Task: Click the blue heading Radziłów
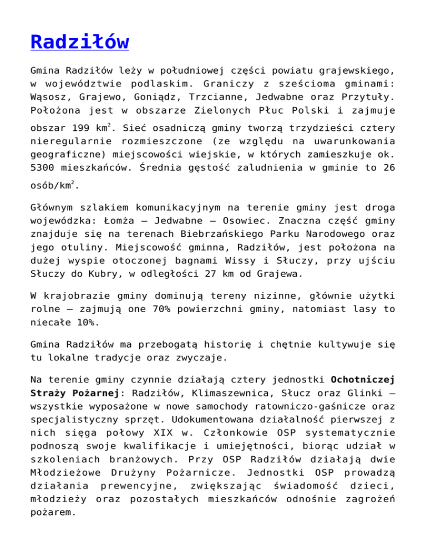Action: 80,42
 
